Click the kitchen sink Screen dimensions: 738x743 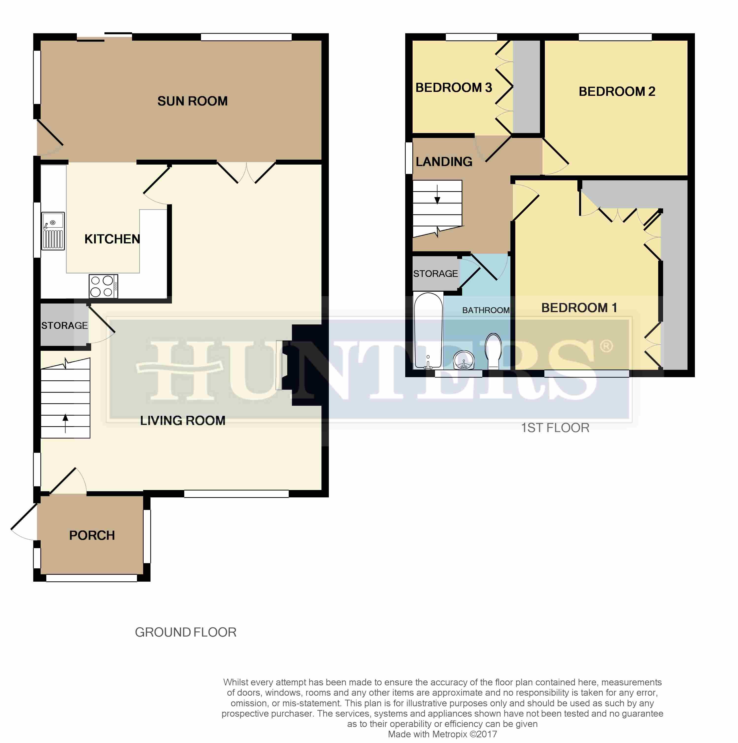[x=53, y=231]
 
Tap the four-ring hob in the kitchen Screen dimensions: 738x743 [x=103, y=286]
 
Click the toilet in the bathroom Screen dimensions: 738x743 [x=493, y=351]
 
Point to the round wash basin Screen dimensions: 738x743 [x=464, y=360]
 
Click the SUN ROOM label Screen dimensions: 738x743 [x=192, y=101]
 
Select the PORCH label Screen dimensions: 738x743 [x=92, y=535]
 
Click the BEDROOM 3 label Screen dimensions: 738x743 [x=454, y=88]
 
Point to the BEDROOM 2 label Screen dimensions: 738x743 [x=617, y=92]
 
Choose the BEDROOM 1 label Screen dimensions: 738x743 [x=579, y=308]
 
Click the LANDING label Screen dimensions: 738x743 [x=444, y=162]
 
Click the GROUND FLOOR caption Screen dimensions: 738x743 [x=186, y=632]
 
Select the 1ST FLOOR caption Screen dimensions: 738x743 [x=555, y=428]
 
